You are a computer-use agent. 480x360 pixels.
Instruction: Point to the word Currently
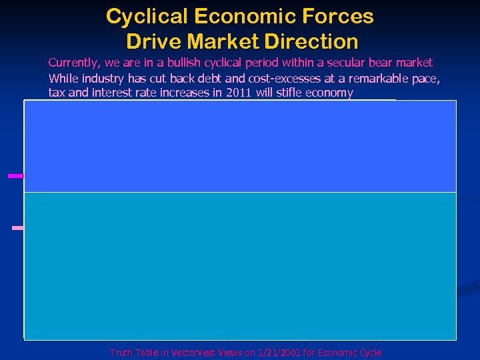[73, 63]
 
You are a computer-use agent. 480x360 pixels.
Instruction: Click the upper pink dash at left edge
[15, 176]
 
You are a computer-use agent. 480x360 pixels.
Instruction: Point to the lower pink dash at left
[18, 228]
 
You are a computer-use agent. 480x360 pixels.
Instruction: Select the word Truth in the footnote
[121, 353]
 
